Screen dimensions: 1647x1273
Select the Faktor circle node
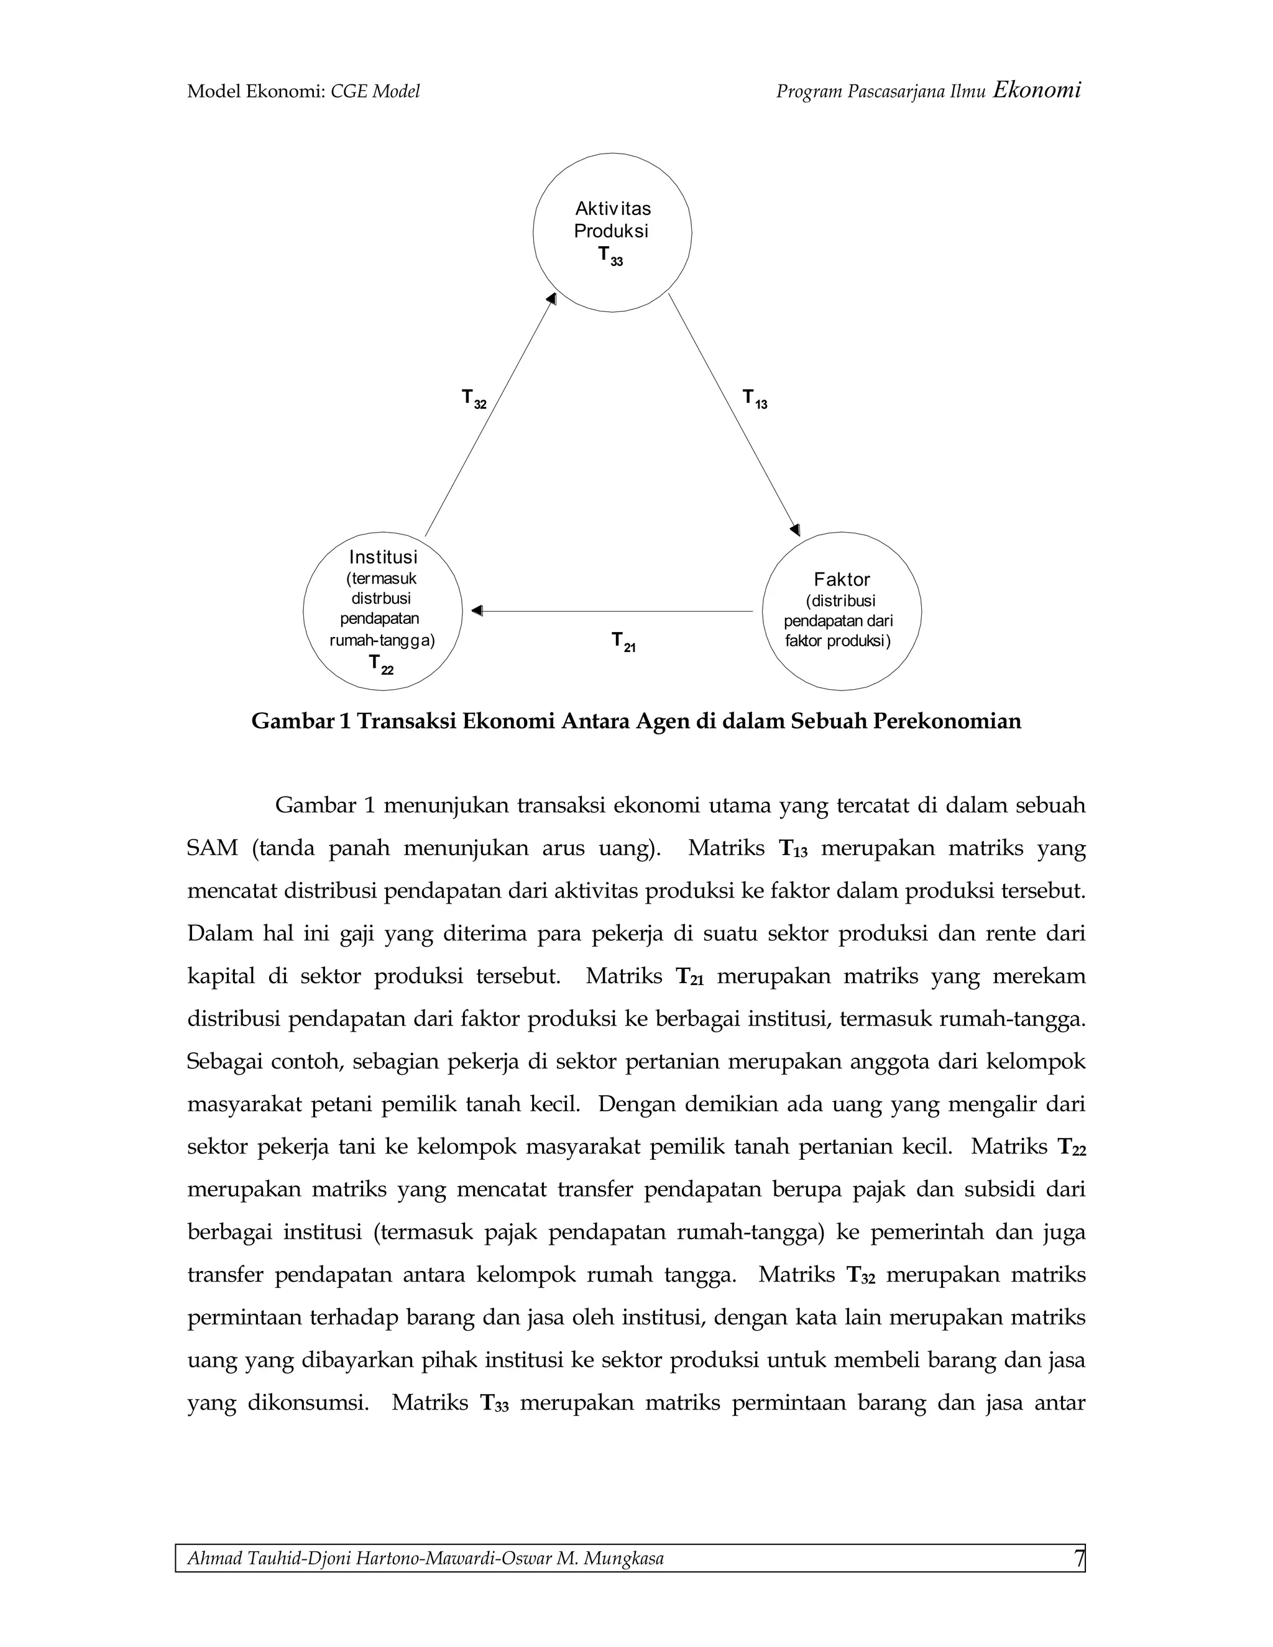click(x=842, y=611)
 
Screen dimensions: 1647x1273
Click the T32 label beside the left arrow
click(x=474, y=399)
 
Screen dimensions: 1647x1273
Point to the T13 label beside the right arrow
click(x=754, y=399)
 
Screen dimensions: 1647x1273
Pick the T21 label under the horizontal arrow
click(x=623, y=642)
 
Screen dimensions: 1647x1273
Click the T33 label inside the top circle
click(x=610, y=257)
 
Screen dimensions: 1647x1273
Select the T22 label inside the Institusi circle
click(x=380, y=664)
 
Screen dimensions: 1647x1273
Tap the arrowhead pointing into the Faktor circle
click(x=794, y=530)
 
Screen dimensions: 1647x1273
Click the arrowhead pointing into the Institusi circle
click(x=477, y=611)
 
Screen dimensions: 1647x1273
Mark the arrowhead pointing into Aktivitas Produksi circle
click(x=551, y=300)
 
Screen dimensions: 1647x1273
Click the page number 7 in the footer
click(x=1078, y=1558)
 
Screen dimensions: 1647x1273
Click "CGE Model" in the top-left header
click(x=375, y=92)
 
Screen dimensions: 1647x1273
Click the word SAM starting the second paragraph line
click(x=212, y=848)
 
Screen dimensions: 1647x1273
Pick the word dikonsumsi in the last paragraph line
click(x=307, y=1403)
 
